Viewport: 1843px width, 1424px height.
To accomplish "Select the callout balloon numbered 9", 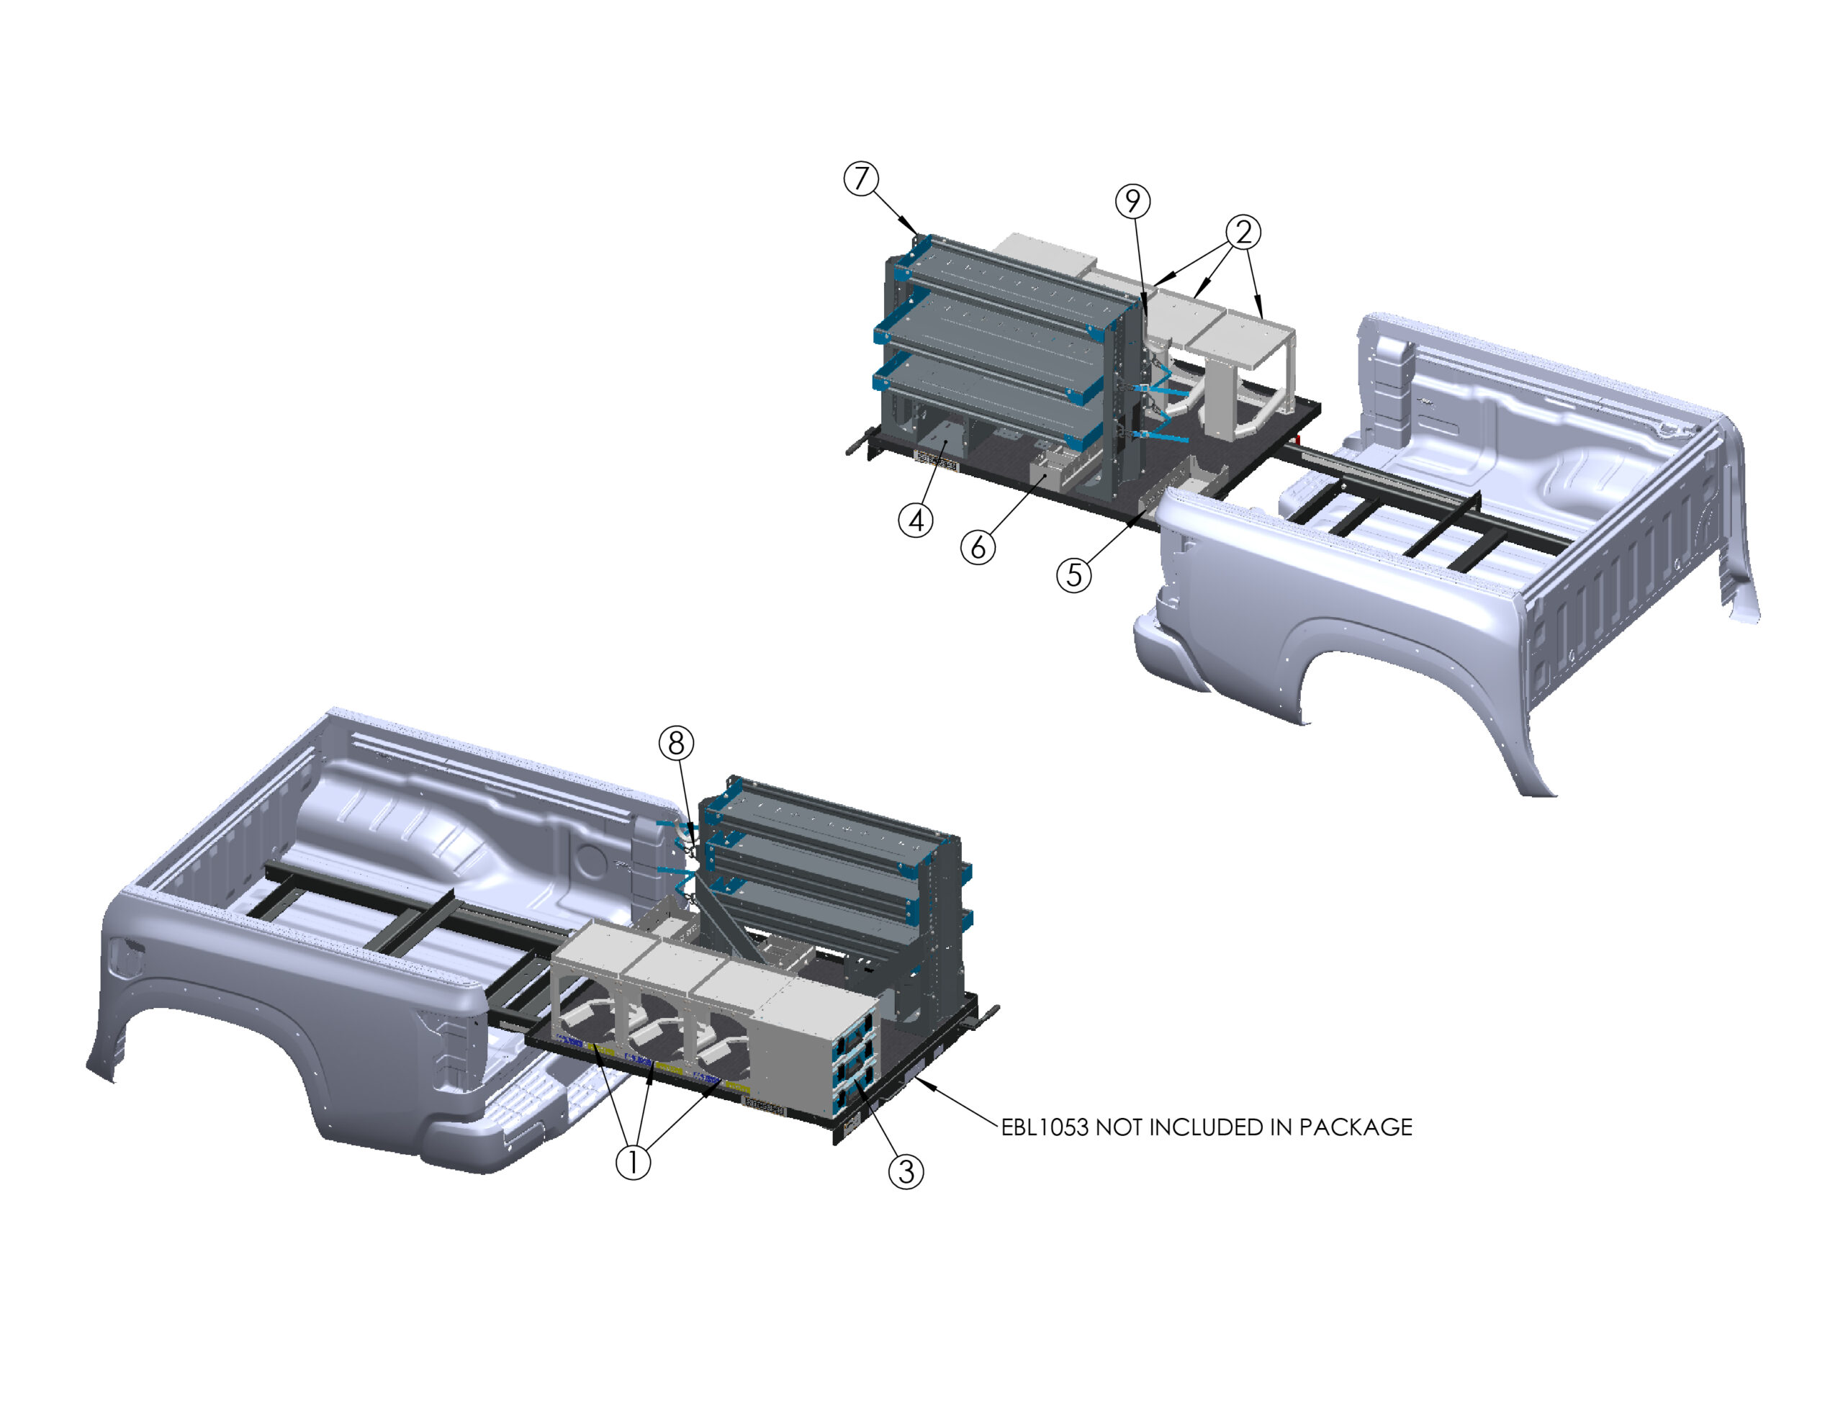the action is [1133, 201].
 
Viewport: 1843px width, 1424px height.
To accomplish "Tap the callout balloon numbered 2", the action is [1243, 232].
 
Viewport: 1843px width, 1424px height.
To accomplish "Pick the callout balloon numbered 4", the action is [916, 520].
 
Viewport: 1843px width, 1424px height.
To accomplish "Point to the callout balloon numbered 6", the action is [978, 547].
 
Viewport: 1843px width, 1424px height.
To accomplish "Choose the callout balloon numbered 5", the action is [1074, 574].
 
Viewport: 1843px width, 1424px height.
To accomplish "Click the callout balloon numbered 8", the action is [676, 743].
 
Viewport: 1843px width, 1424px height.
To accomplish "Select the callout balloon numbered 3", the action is [906, 1171].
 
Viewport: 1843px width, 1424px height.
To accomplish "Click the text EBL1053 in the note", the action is [1044, 1127].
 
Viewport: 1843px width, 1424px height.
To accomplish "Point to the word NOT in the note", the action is [1119, 1127].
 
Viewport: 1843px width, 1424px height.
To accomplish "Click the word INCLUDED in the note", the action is [1212, 1127].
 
